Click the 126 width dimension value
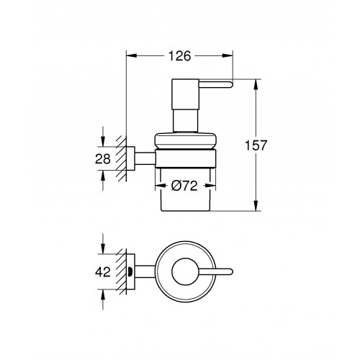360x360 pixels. (179, 56)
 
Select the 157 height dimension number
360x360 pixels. (256, 145)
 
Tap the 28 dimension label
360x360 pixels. (103, 158)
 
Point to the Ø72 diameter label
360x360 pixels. (184, 186)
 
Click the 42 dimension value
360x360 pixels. (103, 272)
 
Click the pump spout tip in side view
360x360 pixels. (230, 84)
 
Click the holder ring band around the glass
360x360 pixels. (186, 158)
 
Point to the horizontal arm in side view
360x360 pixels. (145, 158)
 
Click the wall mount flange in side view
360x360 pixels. (130, 158)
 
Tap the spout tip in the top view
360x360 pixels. (230, 271)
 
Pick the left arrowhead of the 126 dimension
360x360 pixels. (132, 55)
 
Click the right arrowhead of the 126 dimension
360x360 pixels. (228, 55)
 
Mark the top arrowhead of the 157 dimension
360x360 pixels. (256, 84)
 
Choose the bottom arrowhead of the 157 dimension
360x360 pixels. (256, 206)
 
